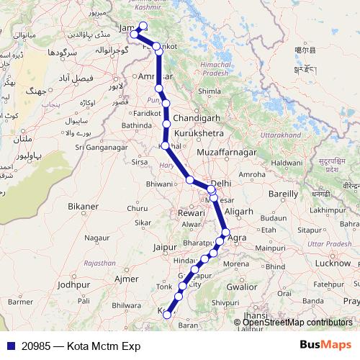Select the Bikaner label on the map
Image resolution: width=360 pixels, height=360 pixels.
(83, 207)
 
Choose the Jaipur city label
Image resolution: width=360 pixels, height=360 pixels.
(165, 248)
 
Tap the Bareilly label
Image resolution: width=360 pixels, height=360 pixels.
(283, 194)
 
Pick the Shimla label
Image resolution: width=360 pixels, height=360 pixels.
(210, 92)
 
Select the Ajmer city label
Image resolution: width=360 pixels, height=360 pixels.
(125, 278)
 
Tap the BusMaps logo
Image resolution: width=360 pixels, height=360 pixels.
(325, 346)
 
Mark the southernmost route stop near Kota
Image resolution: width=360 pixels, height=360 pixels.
(167, 313)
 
